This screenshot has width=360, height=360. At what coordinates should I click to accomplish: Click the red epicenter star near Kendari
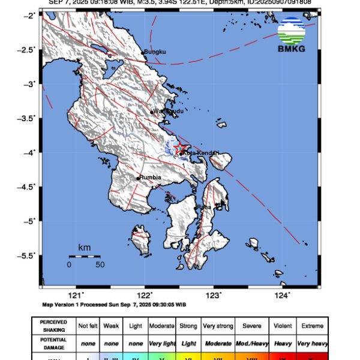pyautogui.click(x=179, y=148)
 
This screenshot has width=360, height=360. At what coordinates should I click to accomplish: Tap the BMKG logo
pyautogui.click(x=291, y=35)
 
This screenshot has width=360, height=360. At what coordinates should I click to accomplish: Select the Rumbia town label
pyautogui.click(x=150, y=178)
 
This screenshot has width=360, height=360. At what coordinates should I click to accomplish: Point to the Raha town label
pyautogui.click(x=204, y=207)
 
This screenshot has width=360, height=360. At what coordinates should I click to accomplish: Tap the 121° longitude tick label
pyautogui.click(x=76, y=295)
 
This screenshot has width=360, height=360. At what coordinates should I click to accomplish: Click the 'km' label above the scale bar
pyautogui.click(x=84, y=247)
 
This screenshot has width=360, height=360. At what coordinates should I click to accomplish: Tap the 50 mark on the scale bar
pyautogui.click(x=100, y=264)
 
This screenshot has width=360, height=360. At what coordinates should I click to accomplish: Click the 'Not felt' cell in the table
pyautogui.click(x=88, y=326)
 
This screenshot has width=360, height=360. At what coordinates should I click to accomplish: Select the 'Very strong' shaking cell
pyautogui.click(x=218, y=326)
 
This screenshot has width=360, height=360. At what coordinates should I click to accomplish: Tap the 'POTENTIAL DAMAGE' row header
pyautogui.click(x=53, y=343)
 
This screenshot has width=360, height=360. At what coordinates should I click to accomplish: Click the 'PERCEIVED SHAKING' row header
pyautogui.click(x=53, y=326)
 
